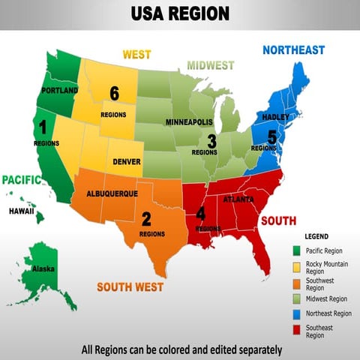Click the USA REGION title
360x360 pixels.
pos(180,14)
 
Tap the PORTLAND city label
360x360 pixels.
pos(61,91)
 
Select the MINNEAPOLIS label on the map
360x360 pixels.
pos(189,121)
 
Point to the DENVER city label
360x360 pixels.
pos(127,161)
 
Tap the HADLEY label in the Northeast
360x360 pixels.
pos(275,118)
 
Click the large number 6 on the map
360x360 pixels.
pos(114,93)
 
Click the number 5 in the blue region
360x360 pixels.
pos(271,136)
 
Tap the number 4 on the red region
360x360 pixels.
pos(200,214)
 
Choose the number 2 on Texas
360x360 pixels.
pos(146,219)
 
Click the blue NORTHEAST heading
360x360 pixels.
pos(293,50)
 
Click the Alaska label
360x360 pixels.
pos(43,268)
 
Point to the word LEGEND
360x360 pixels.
pos(317,236)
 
